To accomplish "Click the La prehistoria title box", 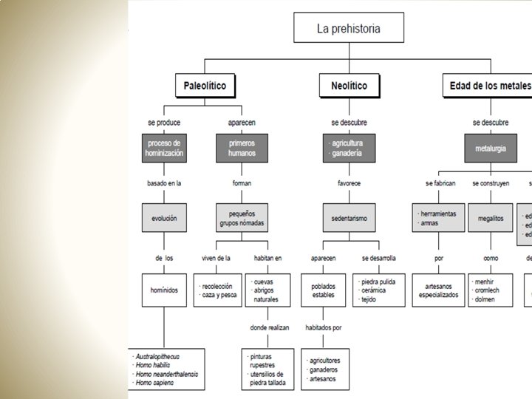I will coord(349,30).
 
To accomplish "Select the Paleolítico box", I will coord(205,86).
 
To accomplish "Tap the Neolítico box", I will coord(344,86).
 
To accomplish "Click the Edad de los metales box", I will coord(488,86).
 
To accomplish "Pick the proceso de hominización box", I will coord(165,148).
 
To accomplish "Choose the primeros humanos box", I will coord(242,148).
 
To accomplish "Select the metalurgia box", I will coord(490,148).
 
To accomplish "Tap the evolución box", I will coord(164,219).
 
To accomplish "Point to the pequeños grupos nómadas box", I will coord(242,218).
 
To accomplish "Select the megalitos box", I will coord(490,219).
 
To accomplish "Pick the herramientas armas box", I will coord(437,218).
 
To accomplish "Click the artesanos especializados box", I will coord(437,289).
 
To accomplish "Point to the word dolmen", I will coord(485,299).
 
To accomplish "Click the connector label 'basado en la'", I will coord(163,183).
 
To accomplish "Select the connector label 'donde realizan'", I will coord(269,327).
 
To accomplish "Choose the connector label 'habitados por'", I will coord(324,327).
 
